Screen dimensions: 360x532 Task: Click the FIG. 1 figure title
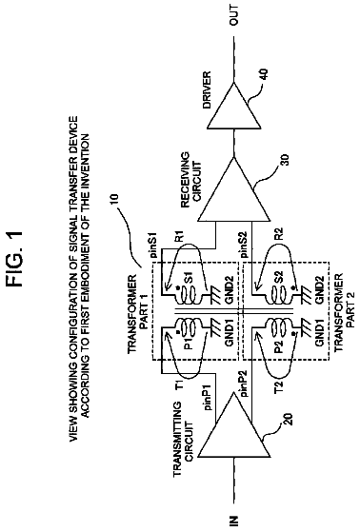click(x=15, y=260)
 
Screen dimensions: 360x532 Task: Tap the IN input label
click(x=234, y=521)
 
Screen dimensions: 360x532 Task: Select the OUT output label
click(x=234, y=15)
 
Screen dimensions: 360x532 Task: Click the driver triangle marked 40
click(x=234, y=106)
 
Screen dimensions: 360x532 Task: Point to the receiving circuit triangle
click(x=234, y=189)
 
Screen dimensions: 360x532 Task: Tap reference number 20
click(x=287, y=420)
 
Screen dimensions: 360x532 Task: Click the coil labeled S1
click(x=189, y=296)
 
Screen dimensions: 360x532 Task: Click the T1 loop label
click(x=180, y=384)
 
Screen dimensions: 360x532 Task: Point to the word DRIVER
click(x=206, y=89)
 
